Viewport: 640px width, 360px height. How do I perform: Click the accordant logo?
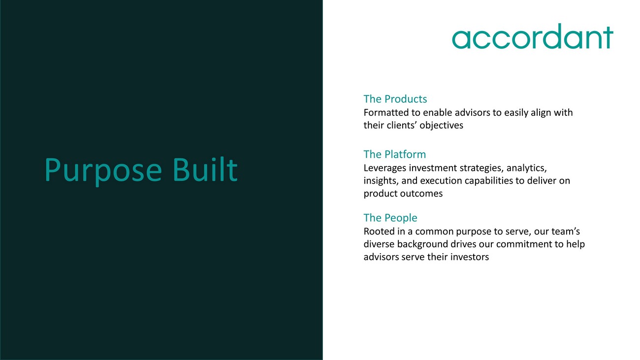532,36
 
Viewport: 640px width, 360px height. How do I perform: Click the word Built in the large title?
205,170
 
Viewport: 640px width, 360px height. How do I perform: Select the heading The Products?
395,99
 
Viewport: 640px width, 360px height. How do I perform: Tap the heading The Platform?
394,154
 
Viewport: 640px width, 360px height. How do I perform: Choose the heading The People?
390,218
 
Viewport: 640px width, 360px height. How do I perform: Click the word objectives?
441,126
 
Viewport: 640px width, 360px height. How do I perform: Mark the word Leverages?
384,168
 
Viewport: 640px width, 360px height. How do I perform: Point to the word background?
422,244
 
